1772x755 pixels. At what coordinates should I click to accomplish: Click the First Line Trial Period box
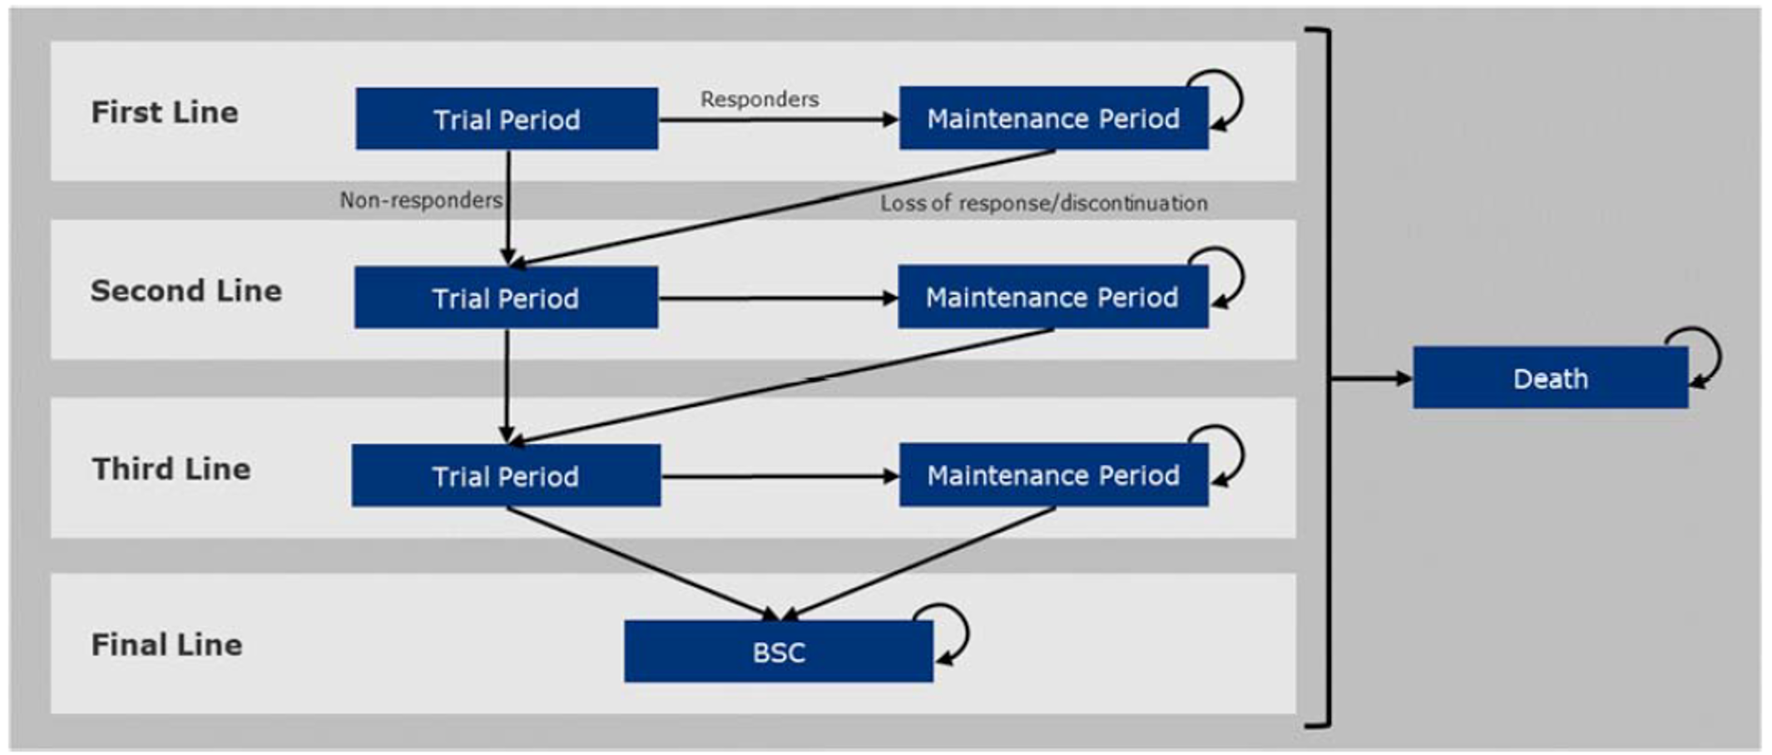(x=507, y=119)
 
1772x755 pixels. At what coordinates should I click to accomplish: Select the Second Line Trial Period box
(x=506, y=298)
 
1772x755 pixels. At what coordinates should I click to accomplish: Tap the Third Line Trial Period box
(x=506, y=476)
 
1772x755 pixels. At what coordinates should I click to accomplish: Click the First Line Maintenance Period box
(x=1053, y=118)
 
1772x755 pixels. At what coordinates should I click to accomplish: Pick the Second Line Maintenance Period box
(x=1052, y=297)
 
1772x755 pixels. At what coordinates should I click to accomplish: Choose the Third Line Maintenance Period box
(x=1053, y=475)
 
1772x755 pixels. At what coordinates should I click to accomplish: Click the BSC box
(x=779, y=651)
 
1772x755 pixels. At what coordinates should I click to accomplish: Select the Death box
(x=1550, y=378)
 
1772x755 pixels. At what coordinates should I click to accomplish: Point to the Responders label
(x=759, y=99)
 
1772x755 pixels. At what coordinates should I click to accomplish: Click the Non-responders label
(x=421, y=200)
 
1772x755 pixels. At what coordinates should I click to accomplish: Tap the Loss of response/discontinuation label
(x=1043, y=203)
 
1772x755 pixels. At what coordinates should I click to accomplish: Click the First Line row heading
(x=165, y=112)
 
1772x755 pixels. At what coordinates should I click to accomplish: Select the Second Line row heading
(x=186, y=291)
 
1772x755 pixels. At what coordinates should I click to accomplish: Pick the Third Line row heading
(x=171, y=469)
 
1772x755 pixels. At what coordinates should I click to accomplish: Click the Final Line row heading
(x=166, y=644)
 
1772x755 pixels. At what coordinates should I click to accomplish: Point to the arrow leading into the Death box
(x=1371, y=378)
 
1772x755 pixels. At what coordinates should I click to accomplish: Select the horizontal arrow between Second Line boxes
(x=777, y=298)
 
